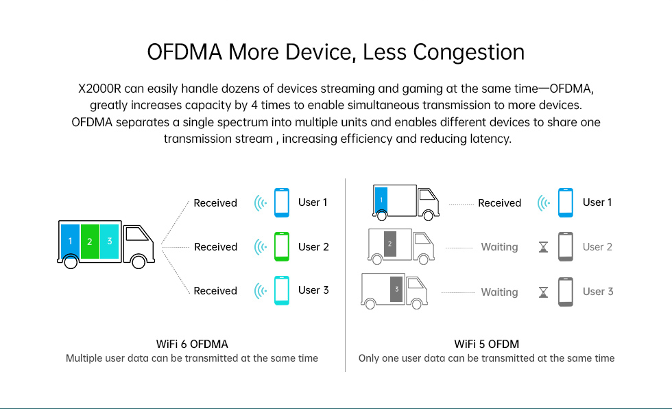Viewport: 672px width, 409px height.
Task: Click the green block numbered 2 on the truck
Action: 90,242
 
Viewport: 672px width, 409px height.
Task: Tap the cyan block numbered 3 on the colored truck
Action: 109,242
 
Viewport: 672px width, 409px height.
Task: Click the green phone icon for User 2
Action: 282,246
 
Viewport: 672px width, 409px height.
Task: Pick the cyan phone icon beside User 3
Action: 282,291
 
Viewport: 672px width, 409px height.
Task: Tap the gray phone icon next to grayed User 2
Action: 566,246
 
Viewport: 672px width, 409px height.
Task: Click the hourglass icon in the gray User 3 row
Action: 543,292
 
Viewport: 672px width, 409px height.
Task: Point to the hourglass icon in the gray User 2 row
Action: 543,247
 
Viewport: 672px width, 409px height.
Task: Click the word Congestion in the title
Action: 468,53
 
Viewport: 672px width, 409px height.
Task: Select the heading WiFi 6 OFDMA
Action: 192,344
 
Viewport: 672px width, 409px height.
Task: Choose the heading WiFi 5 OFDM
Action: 486,344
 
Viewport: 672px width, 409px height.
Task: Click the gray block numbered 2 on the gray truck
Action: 390,244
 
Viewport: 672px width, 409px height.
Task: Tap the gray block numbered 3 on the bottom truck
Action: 396,289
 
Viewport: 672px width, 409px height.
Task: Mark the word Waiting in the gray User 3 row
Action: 499,292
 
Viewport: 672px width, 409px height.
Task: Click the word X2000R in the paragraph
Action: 99,89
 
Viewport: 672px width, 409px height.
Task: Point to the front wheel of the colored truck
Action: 139,261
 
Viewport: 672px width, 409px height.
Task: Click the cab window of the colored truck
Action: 137,233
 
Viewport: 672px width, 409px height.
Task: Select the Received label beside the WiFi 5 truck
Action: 499,203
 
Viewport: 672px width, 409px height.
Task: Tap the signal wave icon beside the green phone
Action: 261,247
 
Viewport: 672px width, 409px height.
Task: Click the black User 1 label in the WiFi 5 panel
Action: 597,202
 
